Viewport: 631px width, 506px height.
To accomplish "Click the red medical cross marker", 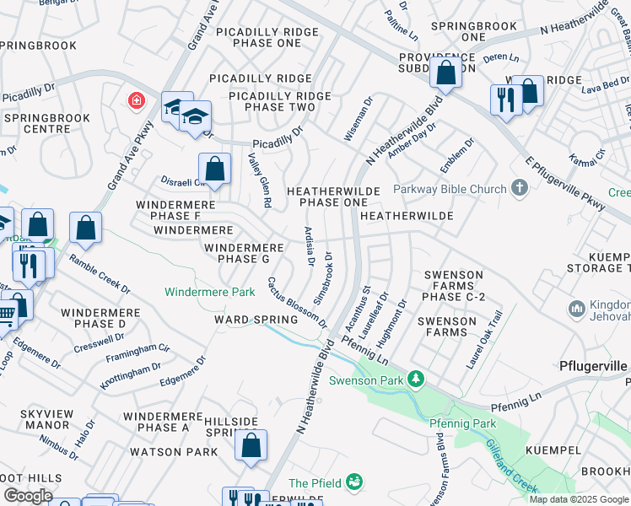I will pos(135,102).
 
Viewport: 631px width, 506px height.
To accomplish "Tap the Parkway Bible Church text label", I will pos(450,189).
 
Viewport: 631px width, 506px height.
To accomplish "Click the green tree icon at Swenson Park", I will pos(415,379).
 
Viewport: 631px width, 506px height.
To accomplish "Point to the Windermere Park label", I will pos(209,292).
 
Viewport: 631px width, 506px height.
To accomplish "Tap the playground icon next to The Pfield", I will pos(355,482).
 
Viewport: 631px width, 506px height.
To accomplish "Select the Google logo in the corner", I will pos(28,496).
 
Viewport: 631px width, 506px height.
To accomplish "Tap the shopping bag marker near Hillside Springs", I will pos(251,447).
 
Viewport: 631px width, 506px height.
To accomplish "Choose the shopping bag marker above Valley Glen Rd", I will pos(215,169).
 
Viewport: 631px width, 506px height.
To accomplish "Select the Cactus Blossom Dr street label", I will pos(298,303).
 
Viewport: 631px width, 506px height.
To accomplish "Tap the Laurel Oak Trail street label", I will pos(485,341).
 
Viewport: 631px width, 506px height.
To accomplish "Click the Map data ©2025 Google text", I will pos(579,499).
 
